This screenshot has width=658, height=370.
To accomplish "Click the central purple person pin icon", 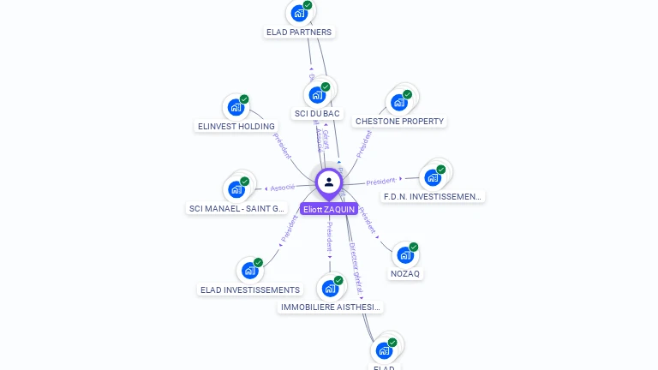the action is pos(329,182).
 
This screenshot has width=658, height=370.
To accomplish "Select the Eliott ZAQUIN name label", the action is pos(329,209).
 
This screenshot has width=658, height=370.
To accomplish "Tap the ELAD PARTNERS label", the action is pos(299,33).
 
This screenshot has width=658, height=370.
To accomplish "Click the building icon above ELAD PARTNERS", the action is pos(299,13).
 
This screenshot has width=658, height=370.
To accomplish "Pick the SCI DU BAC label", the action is pos(317,114).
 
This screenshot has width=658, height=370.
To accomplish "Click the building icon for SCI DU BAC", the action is pos(317,94).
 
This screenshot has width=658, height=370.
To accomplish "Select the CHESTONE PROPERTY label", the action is pos(399,122).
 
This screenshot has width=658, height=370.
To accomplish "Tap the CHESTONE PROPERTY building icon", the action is pos(398,102).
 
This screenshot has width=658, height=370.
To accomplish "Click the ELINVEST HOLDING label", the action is pos(236,127).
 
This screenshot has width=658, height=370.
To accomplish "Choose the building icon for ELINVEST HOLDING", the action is pos(236,107).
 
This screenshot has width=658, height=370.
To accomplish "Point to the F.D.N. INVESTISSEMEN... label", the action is pos(433,196).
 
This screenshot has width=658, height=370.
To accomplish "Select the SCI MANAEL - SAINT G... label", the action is pos(236,208).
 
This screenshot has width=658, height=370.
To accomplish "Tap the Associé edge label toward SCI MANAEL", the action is pos(282,187).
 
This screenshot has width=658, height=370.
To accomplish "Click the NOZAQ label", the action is pos(406,274).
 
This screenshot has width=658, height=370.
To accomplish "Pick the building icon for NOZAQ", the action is pos(405,254).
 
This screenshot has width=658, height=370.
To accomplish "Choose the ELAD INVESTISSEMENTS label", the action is pos(250,290).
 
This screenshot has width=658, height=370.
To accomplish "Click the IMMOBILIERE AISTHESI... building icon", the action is pos(330,288).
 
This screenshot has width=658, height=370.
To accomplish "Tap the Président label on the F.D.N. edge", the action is pos(380,182).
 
